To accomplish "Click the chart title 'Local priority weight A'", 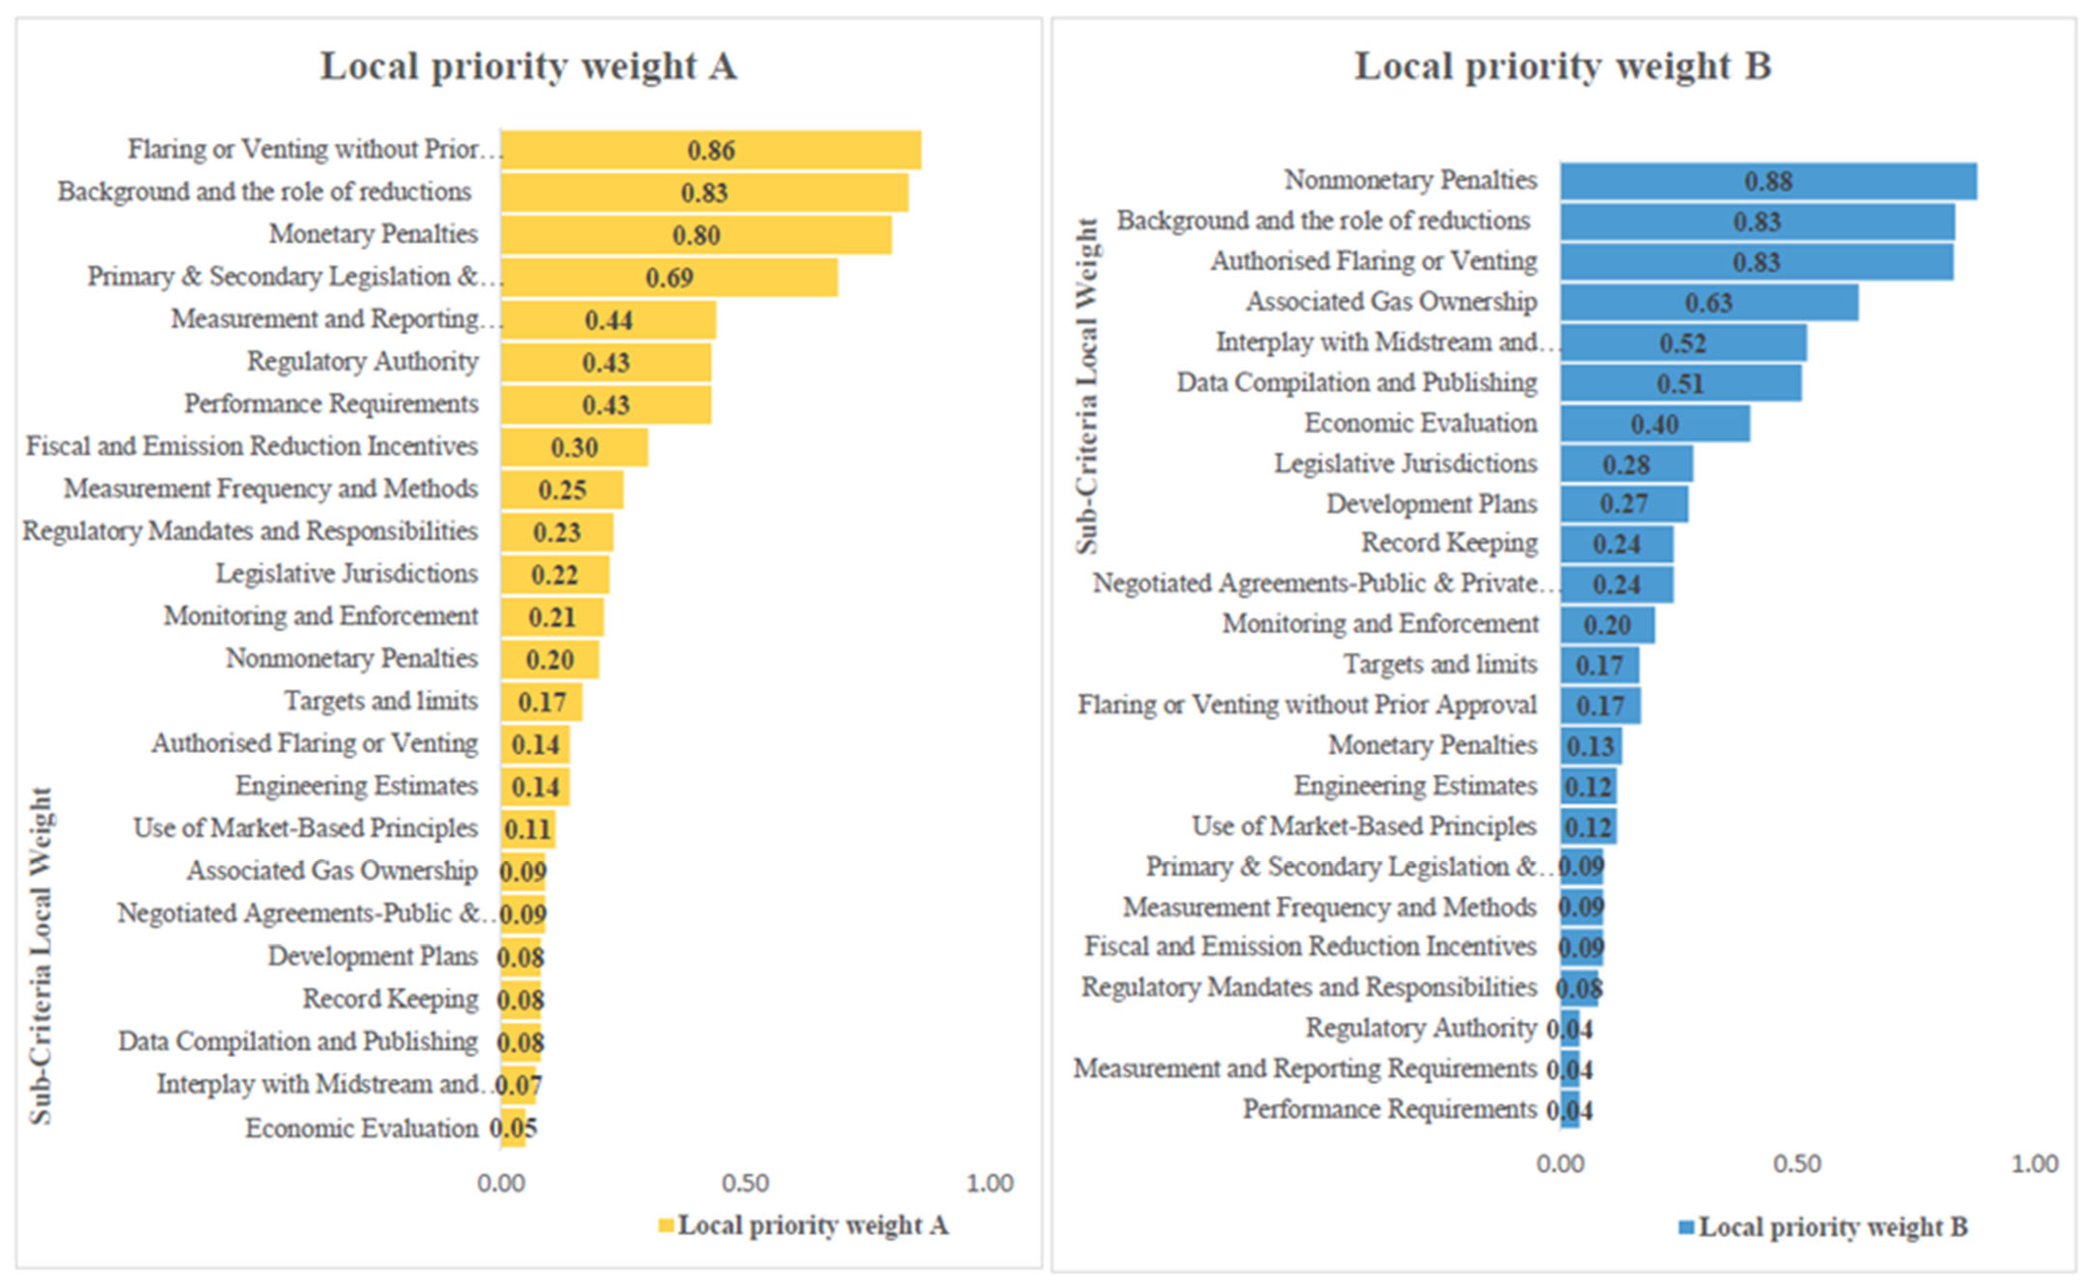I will pyautogui.click(x=528, y=66).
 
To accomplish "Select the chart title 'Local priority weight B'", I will pyautogui.click(x=1562, y=66).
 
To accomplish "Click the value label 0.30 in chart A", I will pyautogui.click(x=574, y=447).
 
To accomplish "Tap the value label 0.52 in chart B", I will pyautogui.click(x=1683, y=343).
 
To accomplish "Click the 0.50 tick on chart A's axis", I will pyautogui.click(x=745, y=1183).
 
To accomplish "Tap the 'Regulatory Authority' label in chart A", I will pyautogui.click(x=363, y=362).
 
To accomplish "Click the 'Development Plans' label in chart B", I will pyautogui.click(x=1432, y=504).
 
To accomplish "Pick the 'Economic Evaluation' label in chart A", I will pyautogui.click(x=362, y=1128).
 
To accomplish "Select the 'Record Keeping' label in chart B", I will pyautogui.click(x=1449, y=543).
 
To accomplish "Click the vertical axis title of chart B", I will pyautogui.click(x=1086, y=387).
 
